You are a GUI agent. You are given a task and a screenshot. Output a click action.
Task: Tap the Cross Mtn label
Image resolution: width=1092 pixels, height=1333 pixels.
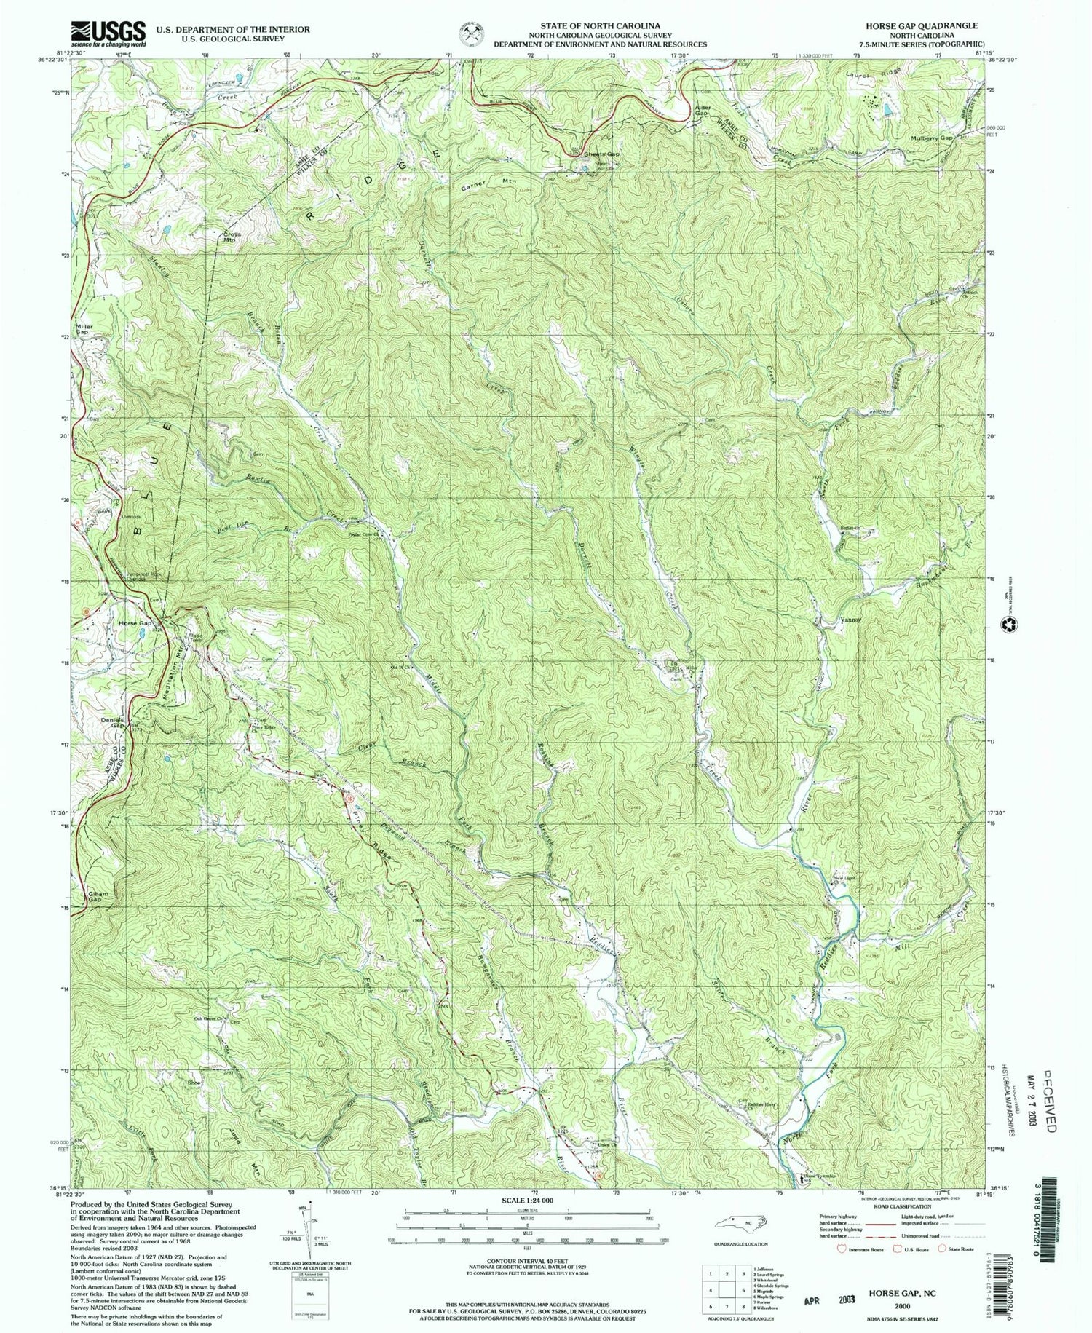(231, 237)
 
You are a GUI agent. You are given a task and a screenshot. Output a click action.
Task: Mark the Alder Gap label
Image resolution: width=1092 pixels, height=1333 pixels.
(701, 111)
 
